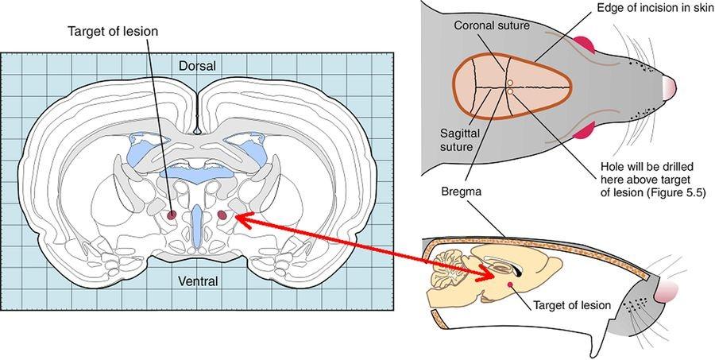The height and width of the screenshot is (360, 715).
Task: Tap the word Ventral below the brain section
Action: click(197, 281)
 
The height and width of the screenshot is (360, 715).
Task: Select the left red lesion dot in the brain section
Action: click(172, 215)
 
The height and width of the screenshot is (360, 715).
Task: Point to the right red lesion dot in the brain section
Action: click(222, 215)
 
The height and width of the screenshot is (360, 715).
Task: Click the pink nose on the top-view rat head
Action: click(670, 85)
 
